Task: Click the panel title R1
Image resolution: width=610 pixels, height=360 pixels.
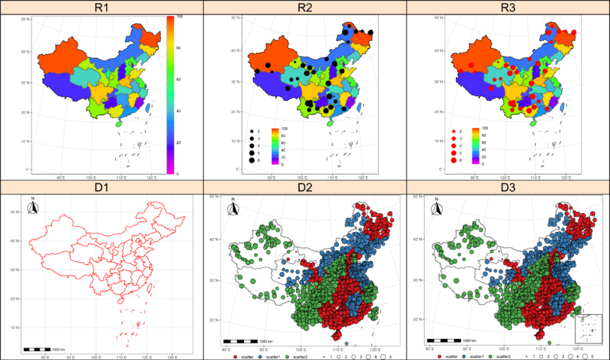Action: (x=102, y=7)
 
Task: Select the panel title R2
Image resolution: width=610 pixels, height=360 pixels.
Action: (x=304, y=7)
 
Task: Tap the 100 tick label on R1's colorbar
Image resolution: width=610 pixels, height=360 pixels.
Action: (x=179, y=18)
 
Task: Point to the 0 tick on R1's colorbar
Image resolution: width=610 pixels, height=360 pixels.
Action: (x=178, y=174)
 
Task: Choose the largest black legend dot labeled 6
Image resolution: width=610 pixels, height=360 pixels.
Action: (x=251, y=161)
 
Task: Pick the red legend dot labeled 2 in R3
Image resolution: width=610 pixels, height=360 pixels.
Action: (x=453, y=131)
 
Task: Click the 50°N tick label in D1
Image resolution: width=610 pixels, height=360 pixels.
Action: (x=15, y=212)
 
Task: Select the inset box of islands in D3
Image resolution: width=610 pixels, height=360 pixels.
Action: (x=589, y=328)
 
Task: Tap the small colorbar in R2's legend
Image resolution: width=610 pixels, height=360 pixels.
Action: (x=276, y=146)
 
